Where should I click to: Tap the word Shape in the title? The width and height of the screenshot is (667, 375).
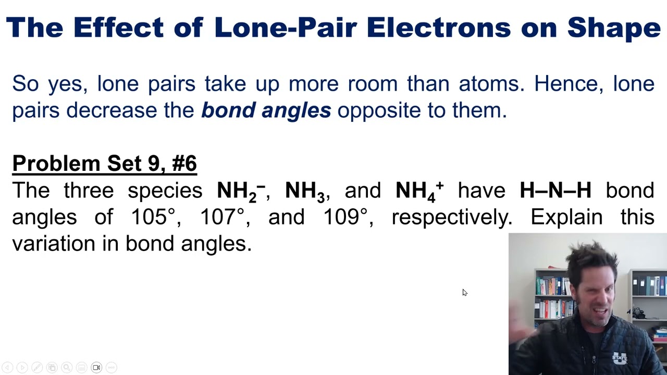coord(614,28)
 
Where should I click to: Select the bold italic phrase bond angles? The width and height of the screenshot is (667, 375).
coord(266,110)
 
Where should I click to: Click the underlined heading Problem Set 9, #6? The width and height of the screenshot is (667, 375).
coord(104,164)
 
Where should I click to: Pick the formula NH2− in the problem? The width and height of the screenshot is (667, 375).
coord(241,191)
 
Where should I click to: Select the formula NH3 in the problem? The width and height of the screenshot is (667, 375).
coord(305,191)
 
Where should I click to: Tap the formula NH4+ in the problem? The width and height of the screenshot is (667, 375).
coord(419,191)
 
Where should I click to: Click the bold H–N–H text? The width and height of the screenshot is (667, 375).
coord(555,191)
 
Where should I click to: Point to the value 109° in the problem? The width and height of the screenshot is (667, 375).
coord(345,217)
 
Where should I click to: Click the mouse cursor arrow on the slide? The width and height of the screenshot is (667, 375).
coord(464,292)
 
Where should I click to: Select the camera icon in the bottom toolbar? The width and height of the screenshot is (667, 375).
coord(96,368)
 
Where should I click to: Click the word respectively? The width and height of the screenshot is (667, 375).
coord(452,217)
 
